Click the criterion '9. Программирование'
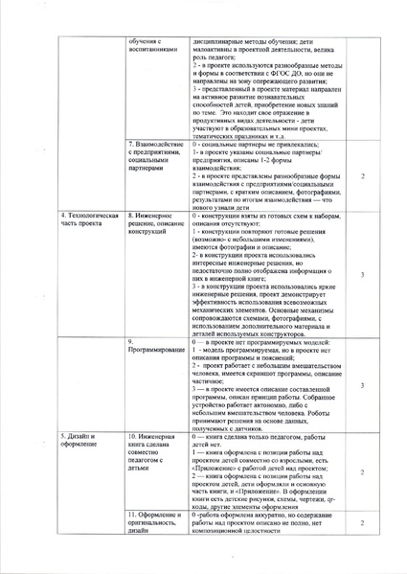tap(153, 345)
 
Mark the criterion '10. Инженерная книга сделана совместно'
tap(154, 451)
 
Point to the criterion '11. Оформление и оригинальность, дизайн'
tap(154, 523)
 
